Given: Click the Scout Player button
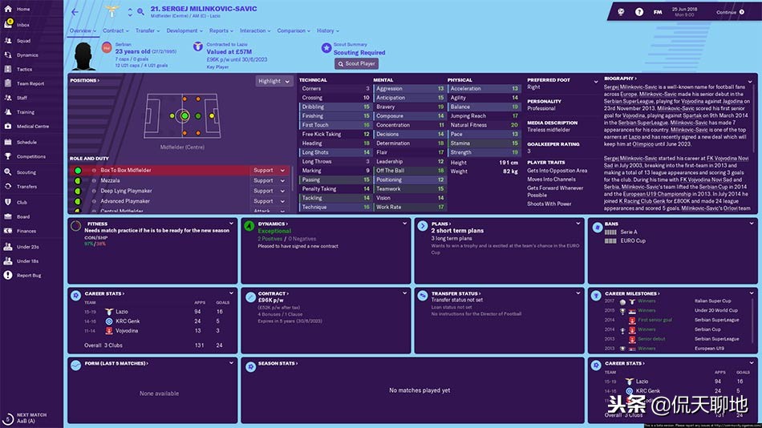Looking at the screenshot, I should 357,63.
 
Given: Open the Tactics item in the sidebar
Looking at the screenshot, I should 25,70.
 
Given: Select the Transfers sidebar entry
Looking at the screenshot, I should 27,186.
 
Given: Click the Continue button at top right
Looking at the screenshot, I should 731,12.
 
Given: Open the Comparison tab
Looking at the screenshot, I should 291,30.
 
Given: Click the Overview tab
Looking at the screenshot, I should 80,30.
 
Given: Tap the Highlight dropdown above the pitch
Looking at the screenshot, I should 273,81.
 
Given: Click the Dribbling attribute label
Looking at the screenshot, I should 314,107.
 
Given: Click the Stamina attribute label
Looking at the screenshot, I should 460,143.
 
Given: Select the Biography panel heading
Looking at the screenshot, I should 618,79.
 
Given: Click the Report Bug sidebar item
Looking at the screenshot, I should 29,275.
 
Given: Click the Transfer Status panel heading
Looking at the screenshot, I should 455,293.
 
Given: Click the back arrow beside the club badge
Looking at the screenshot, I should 75,12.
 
